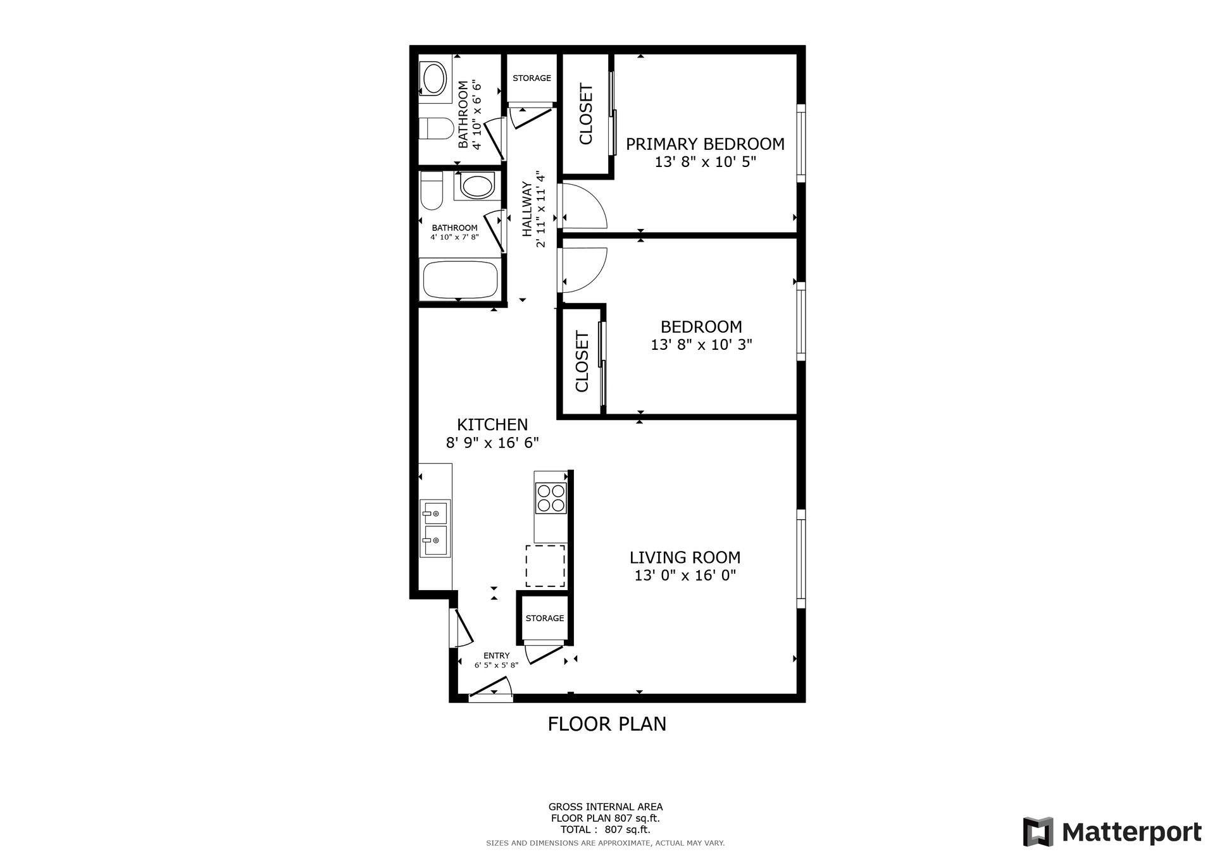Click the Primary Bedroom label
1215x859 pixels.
click(x=705, y=144)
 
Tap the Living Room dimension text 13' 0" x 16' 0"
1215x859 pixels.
click(x=685, y=576)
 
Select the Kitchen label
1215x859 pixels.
click(x=492, y=424)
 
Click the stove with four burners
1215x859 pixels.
click(x=551, y=497)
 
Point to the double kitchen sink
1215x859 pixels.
click(x=435, y=528)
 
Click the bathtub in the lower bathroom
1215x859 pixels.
click(x=461, y=279)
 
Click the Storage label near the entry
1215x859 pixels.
click(x=545, y=618)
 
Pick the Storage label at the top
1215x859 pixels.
click(x=532, y=78)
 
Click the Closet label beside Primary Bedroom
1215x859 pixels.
click(x=586, y=114)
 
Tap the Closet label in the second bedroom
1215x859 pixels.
click(x=582, y=361)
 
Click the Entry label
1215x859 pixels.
click(x=497, y=655)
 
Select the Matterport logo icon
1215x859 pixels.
click(x=1038, y=832)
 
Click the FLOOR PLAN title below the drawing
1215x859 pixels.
click(x=607, y=724)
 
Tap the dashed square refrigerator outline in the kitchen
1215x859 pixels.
click(x=545, y=565)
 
